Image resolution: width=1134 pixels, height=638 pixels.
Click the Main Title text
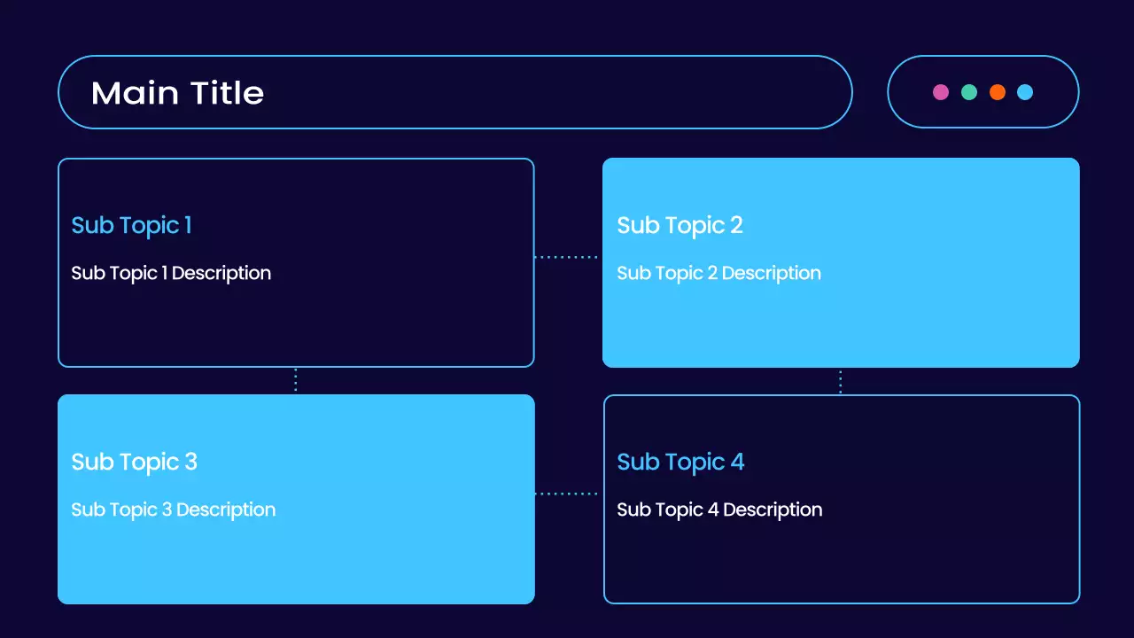tap(177, 93)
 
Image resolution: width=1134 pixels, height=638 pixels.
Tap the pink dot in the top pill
tap(941, 92)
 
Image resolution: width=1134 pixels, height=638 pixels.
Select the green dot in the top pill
tap(969, 92)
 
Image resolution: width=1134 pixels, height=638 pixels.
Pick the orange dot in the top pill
tap(998, 92)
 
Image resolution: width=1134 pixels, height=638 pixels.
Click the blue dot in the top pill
tap(1025, 92)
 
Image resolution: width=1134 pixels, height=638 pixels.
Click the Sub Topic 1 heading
tap(131, 226)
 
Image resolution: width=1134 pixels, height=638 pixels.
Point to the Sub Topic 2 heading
tap(680, 226)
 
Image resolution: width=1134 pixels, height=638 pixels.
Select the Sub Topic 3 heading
tap(134, 463)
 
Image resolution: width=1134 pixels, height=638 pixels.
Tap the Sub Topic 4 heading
tap(680, 463)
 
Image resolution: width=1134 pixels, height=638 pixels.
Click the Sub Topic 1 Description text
tap(171, 274)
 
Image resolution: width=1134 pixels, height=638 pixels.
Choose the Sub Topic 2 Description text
tap(718, 274)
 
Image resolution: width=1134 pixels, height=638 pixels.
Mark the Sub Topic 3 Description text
tap(173, 510)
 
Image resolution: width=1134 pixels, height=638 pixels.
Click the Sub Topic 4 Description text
tap(719, 510)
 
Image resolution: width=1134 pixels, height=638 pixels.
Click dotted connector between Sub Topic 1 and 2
tap(567, 257)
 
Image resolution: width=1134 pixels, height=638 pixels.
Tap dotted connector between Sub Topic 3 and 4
tap(567, 494)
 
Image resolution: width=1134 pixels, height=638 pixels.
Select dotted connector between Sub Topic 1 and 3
tap(295, 380)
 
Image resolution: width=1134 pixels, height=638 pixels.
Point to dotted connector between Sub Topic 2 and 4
tap(840, 381)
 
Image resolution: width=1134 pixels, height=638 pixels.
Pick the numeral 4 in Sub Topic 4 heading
tap(737, 463)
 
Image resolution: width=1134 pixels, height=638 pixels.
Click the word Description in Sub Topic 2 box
tap(771, 274)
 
